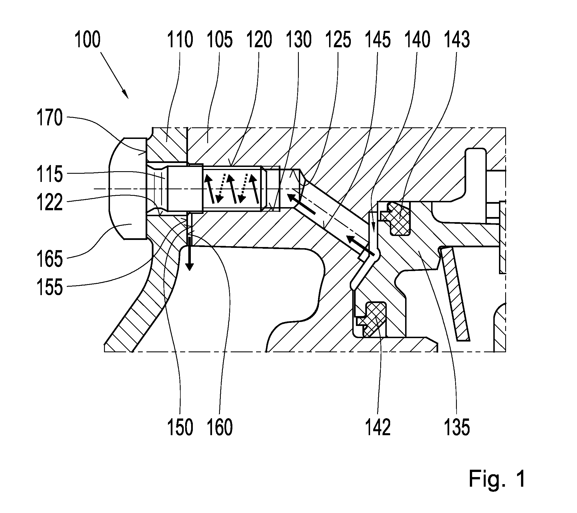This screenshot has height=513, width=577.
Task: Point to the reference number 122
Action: [49, 202]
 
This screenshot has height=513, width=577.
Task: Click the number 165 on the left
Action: [49, 259]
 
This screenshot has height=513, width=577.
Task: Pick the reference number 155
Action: [49, 287]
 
